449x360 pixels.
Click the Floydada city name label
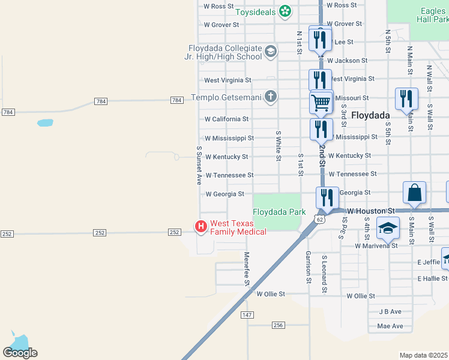(370, 115)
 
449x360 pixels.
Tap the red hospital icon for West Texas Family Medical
(201, 226)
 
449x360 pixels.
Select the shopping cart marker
(321, 103)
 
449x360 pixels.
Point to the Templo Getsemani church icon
(270, 97)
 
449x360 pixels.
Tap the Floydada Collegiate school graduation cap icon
(270, 52)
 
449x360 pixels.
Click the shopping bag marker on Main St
(414, 193)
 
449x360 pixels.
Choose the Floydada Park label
(279, 212)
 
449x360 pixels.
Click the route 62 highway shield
(321, 220)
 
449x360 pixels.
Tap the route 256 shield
(277, 325)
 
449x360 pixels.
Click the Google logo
(20, 352)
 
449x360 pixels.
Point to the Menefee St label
(246, 268)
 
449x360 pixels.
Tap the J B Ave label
(390, 312)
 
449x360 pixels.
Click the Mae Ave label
(390, 326)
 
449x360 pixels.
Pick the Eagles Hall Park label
(432, 14)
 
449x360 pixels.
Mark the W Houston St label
(370, 211)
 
